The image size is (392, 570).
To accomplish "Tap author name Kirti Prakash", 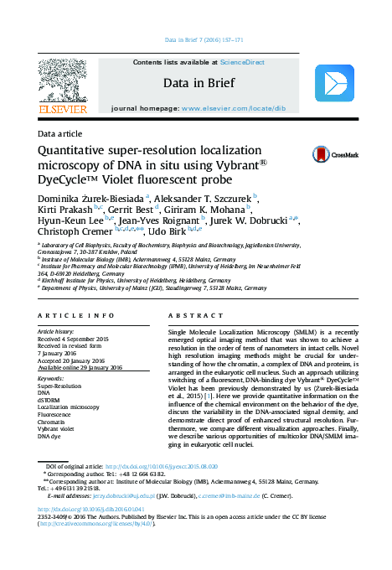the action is coord(62,210).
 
